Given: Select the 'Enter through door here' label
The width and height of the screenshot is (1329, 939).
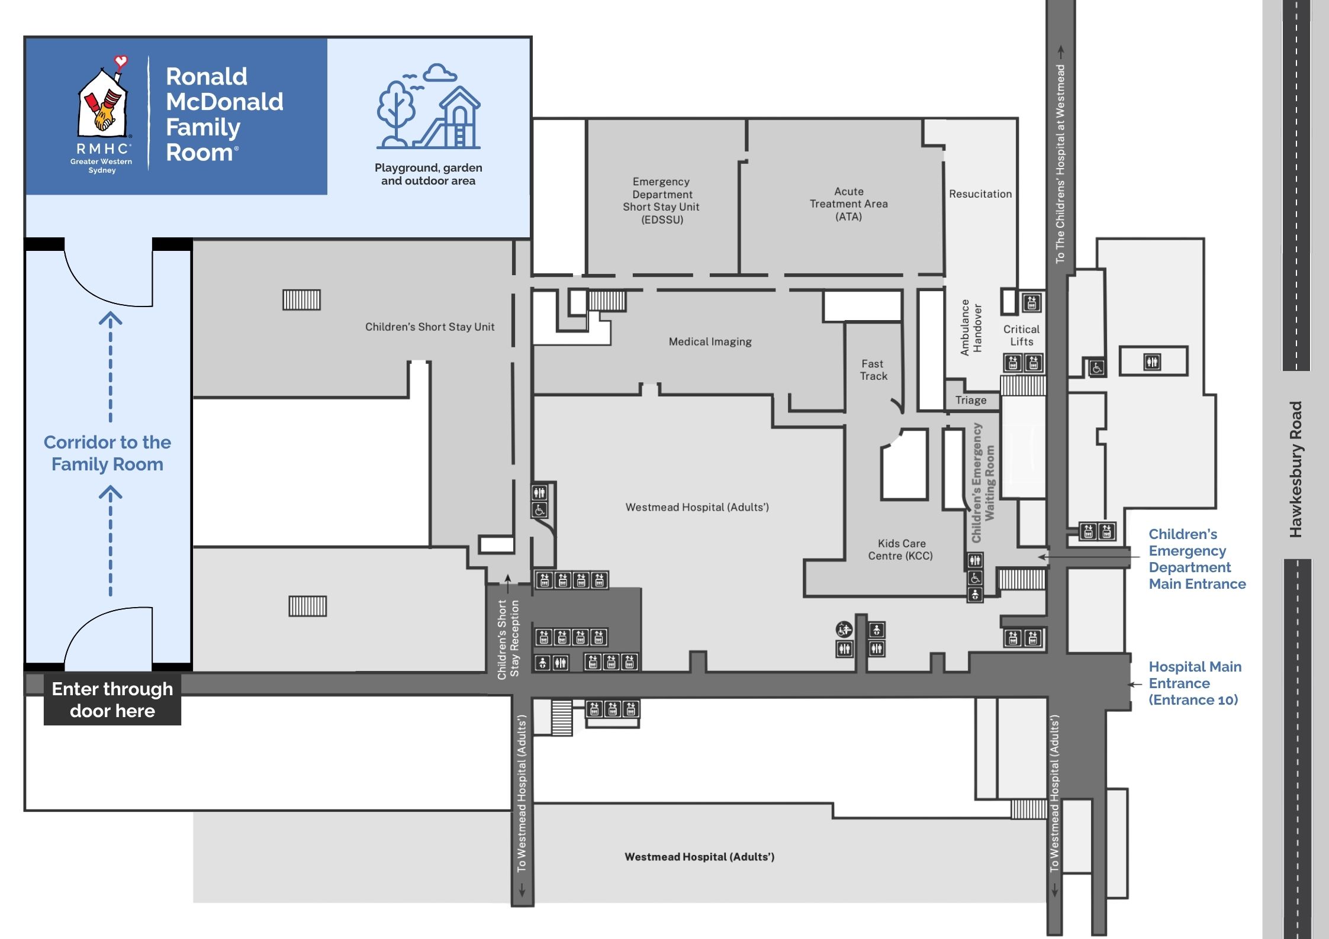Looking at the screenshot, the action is click(112, 700).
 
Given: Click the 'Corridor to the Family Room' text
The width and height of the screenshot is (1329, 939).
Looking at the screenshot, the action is click(107, 453).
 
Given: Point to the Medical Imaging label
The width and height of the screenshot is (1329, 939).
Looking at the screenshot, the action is click(710, 342).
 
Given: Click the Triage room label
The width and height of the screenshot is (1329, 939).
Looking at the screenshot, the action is click(971, 401).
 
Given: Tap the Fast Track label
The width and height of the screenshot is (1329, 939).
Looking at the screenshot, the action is click(873, 370).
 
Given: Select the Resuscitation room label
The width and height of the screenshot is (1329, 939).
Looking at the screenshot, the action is click(980, 194).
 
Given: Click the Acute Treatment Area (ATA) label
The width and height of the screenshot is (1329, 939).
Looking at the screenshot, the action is click(848, 204).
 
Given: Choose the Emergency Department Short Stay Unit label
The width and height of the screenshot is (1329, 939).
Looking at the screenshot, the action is click(661, 201).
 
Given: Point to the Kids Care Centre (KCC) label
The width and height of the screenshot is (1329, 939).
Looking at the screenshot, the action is click(900, 550).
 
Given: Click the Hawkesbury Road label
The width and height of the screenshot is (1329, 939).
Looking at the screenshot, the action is click(1296, 469).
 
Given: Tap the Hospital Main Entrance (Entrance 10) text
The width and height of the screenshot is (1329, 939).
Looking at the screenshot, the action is click(1194, 683).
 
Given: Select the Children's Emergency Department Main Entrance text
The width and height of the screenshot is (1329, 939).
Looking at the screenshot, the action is click(1196, 559).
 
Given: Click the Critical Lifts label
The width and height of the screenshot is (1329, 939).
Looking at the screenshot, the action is click(1021, 335).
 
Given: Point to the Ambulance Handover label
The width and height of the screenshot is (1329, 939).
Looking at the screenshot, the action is click(971, 327).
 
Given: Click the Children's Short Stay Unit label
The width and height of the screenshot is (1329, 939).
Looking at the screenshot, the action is click(429, 327).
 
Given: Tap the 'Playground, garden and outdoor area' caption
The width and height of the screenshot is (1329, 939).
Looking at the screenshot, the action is click(428, 175).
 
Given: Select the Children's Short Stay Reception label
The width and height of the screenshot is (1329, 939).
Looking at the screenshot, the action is click(508, 639).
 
